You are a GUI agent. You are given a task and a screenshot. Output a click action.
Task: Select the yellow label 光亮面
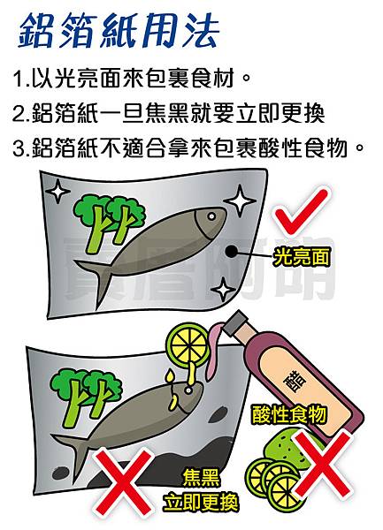coord(301,258)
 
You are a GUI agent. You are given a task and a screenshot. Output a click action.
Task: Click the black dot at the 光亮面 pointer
coord(232,254)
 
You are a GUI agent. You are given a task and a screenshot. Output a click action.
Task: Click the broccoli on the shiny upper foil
coord(108,217)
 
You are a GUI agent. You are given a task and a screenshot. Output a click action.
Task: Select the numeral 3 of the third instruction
coord(19,147)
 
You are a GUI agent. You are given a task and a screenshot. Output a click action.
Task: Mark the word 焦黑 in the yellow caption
coord(200,479)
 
